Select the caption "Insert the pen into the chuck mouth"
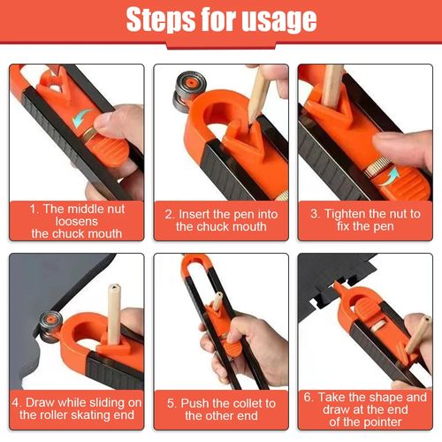(x=221, y=219)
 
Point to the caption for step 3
(x=365, y=219)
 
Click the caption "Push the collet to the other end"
(x=221, y=408)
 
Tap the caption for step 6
(x=365, y=408)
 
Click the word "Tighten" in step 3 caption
(x=340, y=212)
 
